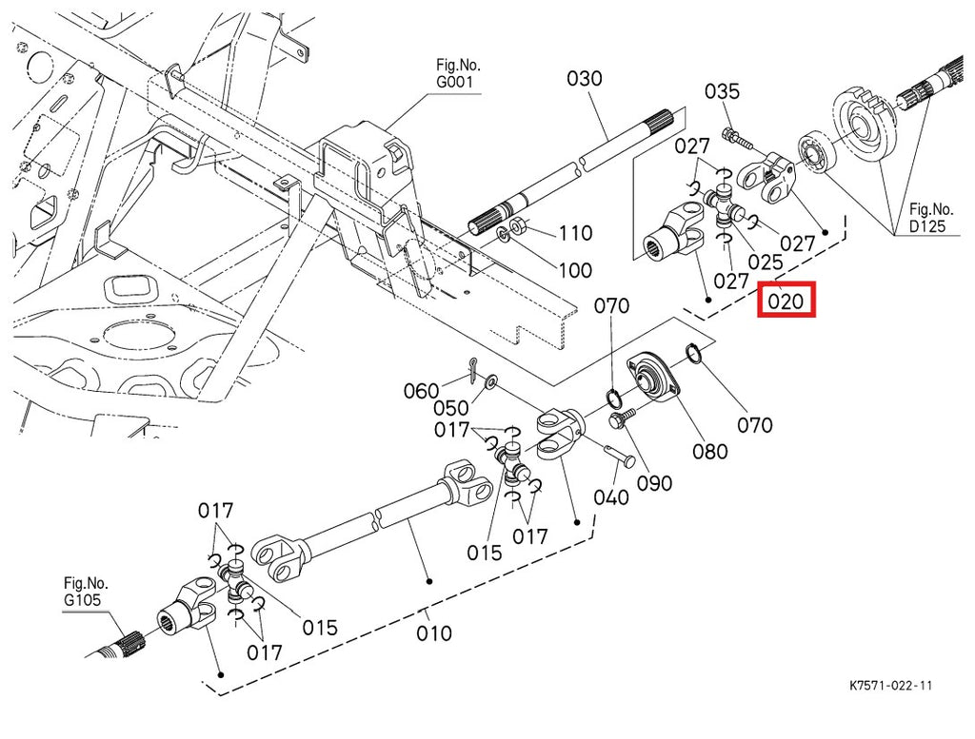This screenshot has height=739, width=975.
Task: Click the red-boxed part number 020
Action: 786,302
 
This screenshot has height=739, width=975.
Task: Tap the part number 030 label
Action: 585,78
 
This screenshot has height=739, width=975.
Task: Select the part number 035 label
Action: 722,91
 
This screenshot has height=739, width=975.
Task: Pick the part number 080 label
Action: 709,452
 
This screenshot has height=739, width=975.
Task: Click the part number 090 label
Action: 654,483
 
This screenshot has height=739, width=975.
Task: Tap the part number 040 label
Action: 610,496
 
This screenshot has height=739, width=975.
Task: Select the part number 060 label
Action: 421,390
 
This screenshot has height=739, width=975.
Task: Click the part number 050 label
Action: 451,408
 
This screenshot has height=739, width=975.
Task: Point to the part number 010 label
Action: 434,632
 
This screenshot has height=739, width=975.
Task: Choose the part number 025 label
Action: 765,261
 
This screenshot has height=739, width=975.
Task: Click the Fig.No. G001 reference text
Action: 459,73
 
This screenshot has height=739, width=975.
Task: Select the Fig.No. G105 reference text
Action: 86,591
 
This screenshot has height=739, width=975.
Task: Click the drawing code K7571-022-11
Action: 891,685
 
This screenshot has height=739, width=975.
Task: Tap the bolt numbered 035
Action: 739,139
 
